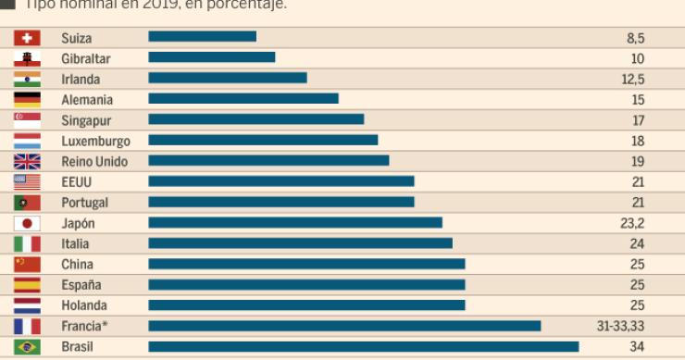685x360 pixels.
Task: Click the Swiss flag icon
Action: (27, 38)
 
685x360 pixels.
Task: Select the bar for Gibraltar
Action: (212, 58)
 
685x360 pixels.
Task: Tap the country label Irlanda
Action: (81, 79)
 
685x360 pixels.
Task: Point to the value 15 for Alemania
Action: (638, 100)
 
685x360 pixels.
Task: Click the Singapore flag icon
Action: (27, 120)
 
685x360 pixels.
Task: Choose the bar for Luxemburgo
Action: (263, 141)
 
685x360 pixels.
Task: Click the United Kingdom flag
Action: (27, 161)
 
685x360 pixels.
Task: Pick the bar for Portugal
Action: (281, 202)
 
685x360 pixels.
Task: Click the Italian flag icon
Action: (27, 243)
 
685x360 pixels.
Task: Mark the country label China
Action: (77, 264)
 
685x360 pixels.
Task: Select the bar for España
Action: (306, 284)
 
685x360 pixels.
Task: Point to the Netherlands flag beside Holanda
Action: (27, 304)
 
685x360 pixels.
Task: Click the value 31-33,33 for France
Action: (620, 326)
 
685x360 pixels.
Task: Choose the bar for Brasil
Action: (363, 346)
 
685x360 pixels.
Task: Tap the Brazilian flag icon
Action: (27, 346)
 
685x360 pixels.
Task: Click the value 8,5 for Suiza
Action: (635, 38)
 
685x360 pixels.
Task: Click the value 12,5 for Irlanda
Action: (633, 79)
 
